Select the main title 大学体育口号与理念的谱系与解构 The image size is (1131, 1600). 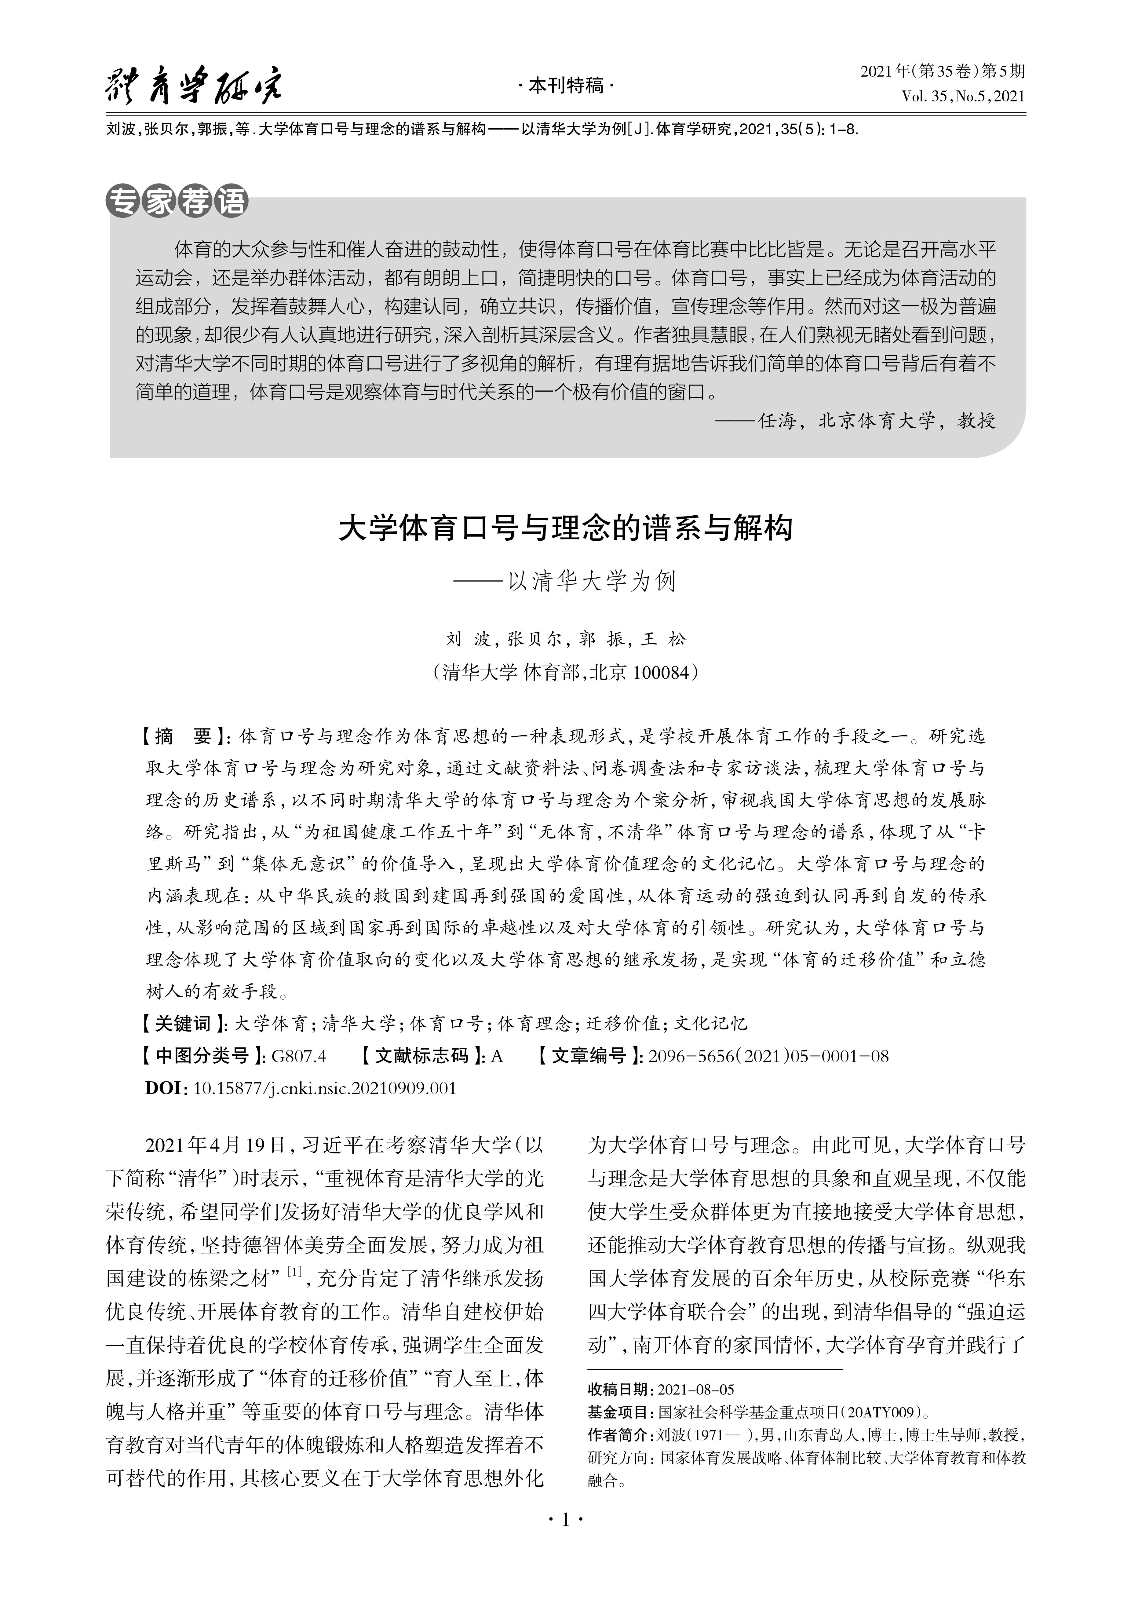click(565, 529)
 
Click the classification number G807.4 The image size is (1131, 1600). click(299, 1056)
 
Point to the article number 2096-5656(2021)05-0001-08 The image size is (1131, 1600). click(768, 1056)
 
